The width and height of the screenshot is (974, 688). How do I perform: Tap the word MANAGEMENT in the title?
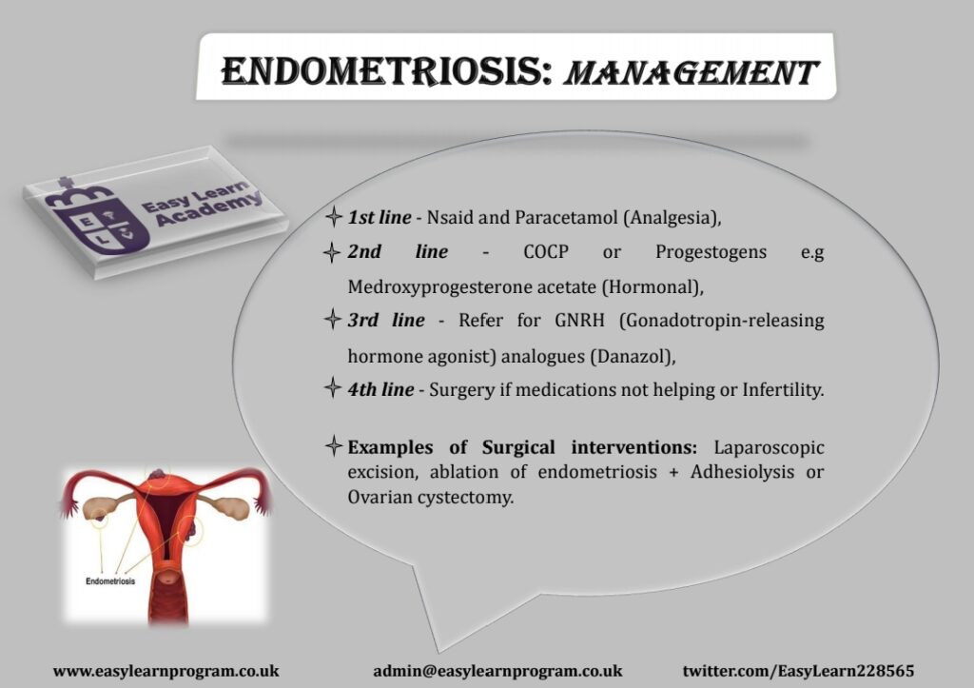point(692,72)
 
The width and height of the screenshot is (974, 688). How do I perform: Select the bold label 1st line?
point(379,217)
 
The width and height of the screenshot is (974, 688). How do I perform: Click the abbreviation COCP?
point(546,252)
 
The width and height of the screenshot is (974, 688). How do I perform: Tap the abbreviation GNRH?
point(579,320)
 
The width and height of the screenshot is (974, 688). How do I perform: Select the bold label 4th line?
point(380,390)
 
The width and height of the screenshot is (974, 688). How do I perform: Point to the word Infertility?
point(783,390)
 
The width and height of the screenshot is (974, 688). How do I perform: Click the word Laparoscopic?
point(769,447)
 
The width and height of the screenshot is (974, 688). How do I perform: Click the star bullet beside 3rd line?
point(333,320)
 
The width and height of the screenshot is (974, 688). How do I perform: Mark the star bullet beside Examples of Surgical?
point(334,446)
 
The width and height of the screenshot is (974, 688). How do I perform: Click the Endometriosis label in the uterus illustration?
point(110,581)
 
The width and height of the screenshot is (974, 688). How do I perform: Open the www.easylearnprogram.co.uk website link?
point(166,671)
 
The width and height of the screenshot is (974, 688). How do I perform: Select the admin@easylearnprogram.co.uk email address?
point(497,671)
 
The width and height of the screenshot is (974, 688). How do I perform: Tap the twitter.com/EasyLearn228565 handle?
point(798,671)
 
